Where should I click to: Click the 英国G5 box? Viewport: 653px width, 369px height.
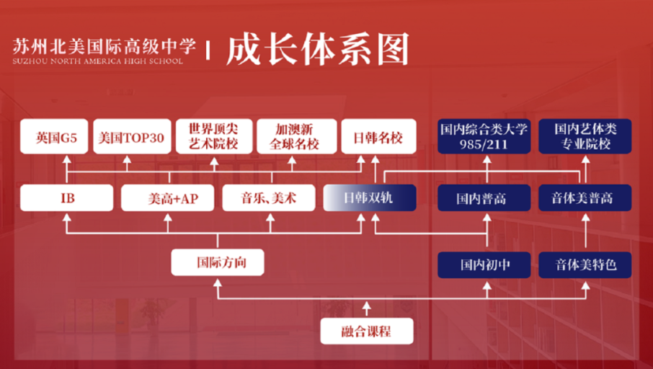54,137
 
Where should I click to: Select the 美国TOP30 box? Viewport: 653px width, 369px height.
132,137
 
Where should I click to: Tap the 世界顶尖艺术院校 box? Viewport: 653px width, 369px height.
214,137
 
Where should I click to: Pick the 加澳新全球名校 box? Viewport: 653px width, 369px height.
296,137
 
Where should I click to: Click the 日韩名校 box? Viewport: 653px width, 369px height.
378,137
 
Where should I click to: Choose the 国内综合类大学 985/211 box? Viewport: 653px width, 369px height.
484,137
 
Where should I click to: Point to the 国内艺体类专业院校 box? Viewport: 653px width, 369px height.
585,137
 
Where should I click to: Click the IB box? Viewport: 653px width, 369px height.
66,197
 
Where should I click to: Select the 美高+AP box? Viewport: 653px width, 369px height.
167,197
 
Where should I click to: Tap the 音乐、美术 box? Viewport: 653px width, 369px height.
269,197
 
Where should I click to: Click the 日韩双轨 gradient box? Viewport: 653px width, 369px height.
370,197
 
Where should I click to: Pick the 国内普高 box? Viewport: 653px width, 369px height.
484,197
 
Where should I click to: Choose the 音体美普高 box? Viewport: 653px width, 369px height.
585,197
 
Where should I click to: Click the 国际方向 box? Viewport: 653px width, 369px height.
218,262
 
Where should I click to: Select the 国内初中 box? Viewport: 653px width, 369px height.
484,265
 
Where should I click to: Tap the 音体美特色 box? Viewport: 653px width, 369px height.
585,265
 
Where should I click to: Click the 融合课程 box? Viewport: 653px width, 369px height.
367,331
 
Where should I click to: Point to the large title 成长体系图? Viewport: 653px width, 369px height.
318,50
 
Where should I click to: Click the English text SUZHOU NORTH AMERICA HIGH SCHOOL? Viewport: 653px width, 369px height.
98,61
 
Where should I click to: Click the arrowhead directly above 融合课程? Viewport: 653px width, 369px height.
366,306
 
